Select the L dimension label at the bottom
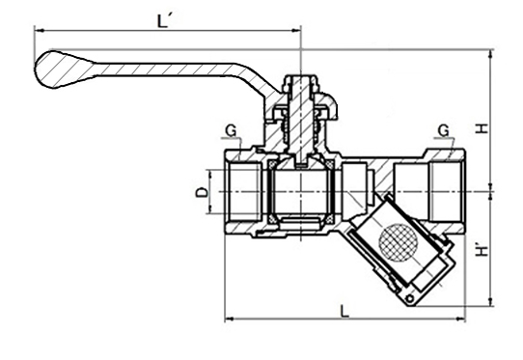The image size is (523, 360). pos(344,312)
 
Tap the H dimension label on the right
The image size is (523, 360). pos(481,128)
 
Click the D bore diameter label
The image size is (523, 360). pos(202,192)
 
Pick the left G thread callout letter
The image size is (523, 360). pos(231,131)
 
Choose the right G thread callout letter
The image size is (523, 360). pos(444,130)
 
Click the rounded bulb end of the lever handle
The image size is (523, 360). pos(53,69)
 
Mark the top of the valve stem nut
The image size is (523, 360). pos(300,78)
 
